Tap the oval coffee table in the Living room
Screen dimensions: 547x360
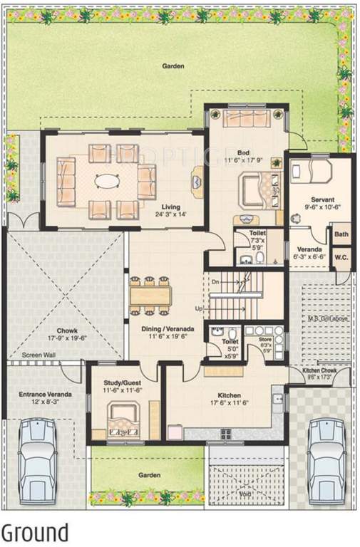pyautogui.click(x=108, y=181)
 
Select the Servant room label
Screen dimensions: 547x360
pyautogui.click(x=322, y=200)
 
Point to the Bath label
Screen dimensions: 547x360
pyautogui.click(x=341, y=234)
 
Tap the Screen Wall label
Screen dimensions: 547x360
pyautogui.click(x=38, y=355)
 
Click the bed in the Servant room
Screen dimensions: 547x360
pyautogui.click(x=313, y=172)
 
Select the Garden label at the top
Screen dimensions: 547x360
pyautogui.click(x=173, y=66)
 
